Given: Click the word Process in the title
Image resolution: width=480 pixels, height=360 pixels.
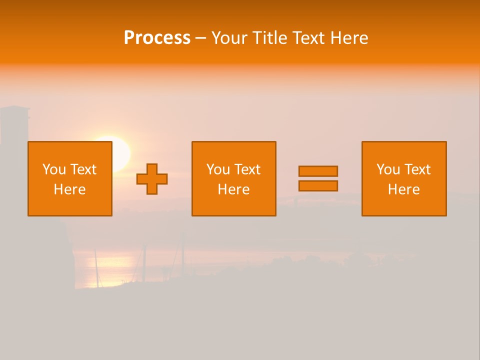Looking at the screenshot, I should pyautogui.click(x=157, y=38).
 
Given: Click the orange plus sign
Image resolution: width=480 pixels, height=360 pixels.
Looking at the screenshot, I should pyautogui.click(x=152, y=179).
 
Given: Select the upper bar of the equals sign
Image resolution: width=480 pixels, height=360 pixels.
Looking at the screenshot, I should pyautogui.click(x=318, y=171).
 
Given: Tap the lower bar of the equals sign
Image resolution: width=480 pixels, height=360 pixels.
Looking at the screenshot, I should pyautogui.click(x=318, y=185).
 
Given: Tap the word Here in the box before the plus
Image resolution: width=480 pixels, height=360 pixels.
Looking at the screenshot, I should pyautogui.click(x=70, y=189).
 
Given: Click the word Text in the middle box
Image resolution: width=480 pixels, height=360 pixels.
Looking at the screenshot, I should pyautogui.click(x=247, y=169).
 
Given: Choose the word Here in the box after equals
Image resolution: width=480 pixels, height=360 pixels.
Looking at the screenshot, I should pyautogui.click(x=404, y=189).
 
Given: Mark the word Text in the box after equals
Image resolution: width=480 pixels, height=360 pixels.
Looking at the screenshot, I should pyautogui.click(x=417, y=169).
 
